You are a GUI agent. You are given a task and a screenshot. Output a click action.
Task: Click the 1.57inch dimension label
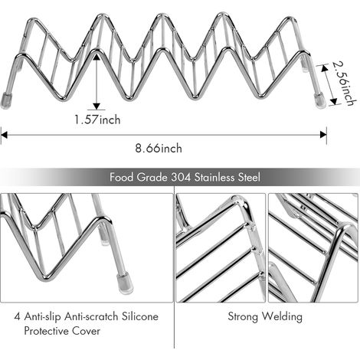[x=97, y=119]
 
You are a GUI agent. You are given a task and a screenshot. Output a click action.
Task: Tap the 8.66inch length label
[x=159, y=149]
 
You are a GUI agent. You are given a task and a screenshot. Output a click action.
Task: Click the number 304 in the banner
[x=181, y=177]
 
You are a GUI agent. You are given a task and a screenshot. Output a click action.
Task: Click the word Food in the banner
[x=122, y=177]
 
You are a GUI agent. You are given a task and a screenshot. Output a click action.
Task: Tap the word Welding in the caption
[x=283, y=316]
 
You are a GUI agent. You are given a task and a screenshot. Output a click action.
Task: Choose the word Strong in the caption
[x=243, y=317]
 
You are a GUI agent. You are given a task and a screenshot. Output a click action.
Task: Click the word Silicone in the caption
[x=139, y=316]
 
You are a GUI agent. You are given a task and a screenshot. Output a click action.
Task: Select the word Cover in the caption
[x=86, y=331]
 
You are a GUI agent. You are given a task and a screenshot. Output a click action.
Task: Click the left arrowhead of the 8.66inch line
[x=4, y=135]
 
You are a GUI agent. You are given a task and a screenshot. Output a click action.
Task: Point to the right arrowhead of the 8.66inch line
[x=323, y=135]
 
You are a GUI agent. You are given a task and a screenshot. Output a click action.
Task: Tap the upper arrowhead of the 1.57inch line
[x=97, y=57]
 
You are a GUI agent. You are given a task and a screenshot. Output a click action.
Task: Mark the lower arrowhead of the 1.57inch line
[x=97, y=106]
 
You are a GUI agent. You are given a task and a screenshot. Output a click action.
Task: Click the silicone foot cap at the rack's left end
[x=5, y=101]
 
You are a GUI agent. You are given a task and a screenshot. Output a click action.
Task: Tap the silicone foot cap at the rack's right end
[x=319, y=100]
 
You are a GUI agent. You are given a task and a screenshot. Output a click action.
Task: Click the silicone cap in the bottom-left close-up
[x=125, y=283]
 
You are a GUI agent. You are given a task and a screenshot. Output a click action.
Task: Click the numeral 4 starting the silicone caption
[x=18, y=317]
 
